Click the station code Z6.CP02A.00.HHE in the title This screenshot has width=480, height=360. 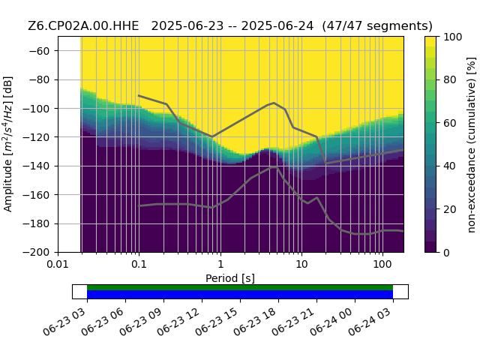click(83, 26)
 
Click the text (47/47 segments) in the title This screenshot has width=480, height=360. click(377, 26)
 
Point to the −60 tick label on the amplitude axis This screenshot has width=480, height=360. click(39, 51)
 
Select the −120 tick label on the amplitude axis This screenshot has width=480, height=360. click(36, 137)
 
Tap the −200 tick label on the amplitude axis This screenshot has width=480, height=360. click(36, 253)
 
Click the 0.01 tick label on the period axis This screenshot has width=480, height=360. click(58, 264)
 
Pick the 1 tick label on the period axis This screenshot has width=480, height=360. click(220, 264)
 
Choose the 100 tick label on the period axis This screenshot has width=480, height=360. click(382, 264)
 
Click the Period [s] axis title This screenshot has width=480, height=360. click(230, 278)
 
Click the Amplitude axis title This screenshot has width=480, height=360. click(8, 144)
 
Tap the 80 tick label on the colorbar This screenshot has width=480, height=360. click(450, 79)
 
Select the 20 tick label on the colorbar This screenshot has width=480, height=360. click(450, 209)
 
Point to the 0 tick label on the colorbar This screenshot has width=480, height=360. click(447, 253)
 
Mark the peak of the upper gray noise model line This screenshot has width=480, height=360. click(274, 103)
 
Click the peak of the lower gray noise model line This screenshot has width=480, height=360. click(273, 167)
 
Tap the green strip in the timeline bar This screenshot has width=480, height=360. click(240, 287)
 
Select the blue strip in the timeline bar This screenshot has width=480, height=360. click(240, 294)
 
